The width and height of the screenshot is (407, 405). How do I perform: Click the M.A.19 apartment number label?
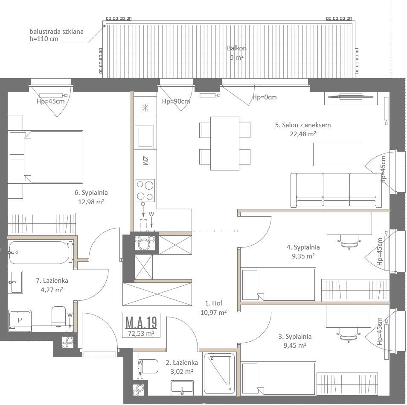pos(141,323)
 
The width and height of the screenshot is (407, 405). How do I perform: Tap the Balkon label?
pos(237,48)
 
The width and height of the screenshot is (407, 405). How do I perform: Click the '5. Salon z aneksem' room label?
pos(303,125)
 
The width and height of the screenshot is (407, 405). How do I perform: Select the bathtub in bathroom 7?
pos(40,252)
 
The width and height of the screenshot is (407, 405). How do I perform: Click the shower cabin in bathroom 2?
pos(219,373)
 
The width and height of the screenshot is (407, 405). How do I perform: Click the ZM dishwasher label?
pos(145,161)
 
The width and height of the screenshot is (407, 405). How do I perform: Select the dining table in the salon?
pos(225,144)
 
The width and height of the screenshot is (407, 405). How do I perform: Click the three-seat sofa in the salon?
pos(336,190)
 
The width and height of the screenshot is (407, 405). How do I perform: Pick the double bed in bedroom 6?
pos(46,157)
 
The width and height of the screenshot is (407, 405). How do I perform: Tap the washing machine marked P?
pos(20,320)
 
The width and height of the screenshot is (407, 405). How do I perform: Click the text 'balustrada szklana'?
pos(57,32)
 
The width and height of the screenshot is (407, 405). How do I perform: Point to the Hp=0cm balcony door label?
pos(265,97)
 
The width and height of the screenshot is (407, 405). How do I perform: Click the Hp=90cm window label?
pos(176,101)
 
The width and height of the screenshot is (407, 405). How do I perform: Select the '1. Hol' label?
pos(214,303)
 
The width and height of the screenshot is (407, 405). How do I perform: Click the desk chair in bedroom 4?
pos(349,242)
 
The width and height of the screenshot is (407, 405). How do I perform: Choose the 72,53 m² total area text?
pos(141,334)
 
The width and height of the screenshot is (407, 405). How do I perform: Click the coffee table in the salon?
pos(336,154)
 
